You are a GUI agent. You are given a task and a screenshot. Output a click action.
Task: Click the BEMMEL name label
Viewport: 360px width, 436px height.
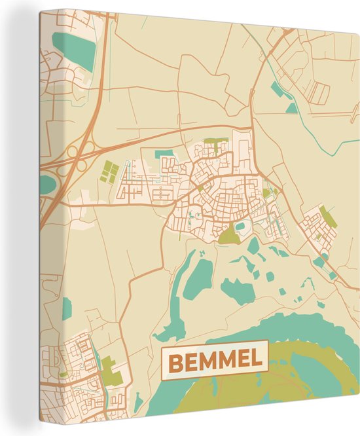215,359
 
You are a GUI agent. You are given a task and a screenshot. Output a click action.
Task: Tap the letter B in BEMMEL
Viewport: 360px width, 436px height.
175,360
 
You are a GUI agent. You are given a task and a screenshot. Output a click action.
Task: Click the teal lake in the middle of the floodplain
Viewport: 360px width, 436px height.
236,288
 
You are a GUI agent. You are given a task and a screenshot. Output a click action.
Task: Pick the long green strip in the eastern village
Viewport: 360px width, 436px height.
327,216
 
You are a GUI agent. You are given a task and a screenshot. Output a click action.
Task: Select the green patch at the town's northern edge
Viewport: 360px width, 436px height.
215,141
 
